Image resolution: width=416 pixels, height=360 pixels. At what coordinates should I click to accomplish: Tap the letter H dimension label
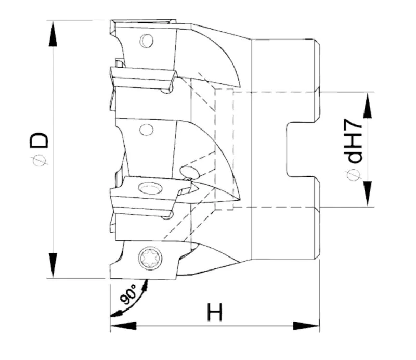(x=214, y=313)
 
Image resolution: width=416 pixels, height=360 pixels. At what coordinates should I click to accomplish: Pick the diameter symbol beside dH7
(x=354, y=176)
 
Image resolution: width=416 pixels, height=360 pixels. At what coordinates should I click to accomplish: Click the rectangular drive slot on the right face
(x=301, y=149)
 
